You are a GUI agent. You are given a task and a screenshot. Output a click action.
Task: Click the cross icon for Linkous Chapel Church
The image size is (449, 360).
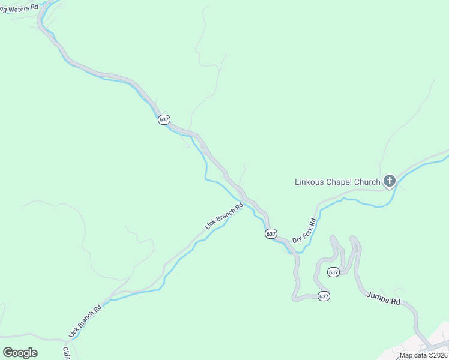coord(390,181)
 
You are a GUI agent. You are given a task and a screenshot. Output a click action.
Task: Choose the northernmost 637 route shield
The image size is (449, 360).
coord(164,119)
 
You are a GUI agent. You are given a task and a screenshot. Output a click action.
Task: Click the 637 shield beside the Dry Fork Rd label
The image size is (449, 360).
coord(271,233)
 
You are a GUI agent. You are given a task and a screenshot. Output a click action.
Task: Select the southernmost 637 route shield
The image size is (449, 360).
coord(324,296)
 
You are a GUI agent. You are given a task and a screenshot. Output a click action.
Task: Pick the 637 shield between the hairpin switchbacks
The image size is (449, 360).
coord(334,272)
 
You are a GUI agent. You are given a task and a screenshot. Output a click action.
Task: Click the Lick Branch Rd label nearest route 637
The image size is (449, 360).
coord(224,216)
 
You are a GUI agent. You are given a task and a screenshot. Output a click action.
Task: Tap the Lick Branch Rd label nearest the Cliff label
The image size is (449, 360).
coord(86,319)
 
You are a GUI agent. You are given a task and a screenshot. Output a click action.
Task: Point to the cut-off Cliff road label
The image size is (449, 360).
coord(66,352)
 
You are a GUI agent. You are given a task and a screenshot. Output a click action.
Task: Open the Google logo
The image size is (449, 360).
coord(20,353)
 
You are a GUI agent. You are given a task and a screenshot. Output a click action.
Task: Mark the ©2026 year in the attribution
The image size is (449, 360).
coord(438,355)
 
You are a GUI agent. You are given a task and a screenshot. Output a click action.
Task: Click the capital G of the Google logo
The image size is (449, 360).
coord(8,353)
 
